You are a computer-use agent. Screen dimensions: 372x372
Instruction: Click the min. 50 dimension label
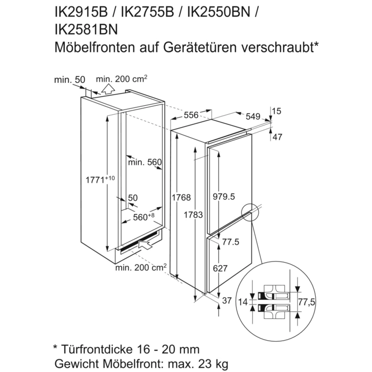pos(70,80)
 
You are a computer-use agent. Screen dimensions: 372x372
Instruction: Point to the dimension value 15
pos(275,111)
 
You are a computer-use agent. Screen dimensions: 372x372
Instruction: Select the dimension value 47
pos(277,137)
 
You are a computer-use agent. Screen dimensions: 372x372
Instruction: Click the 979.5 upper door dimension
pos(223,197)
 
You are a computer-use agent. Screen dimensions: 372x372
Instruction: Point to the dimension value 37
pos(227,301)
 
